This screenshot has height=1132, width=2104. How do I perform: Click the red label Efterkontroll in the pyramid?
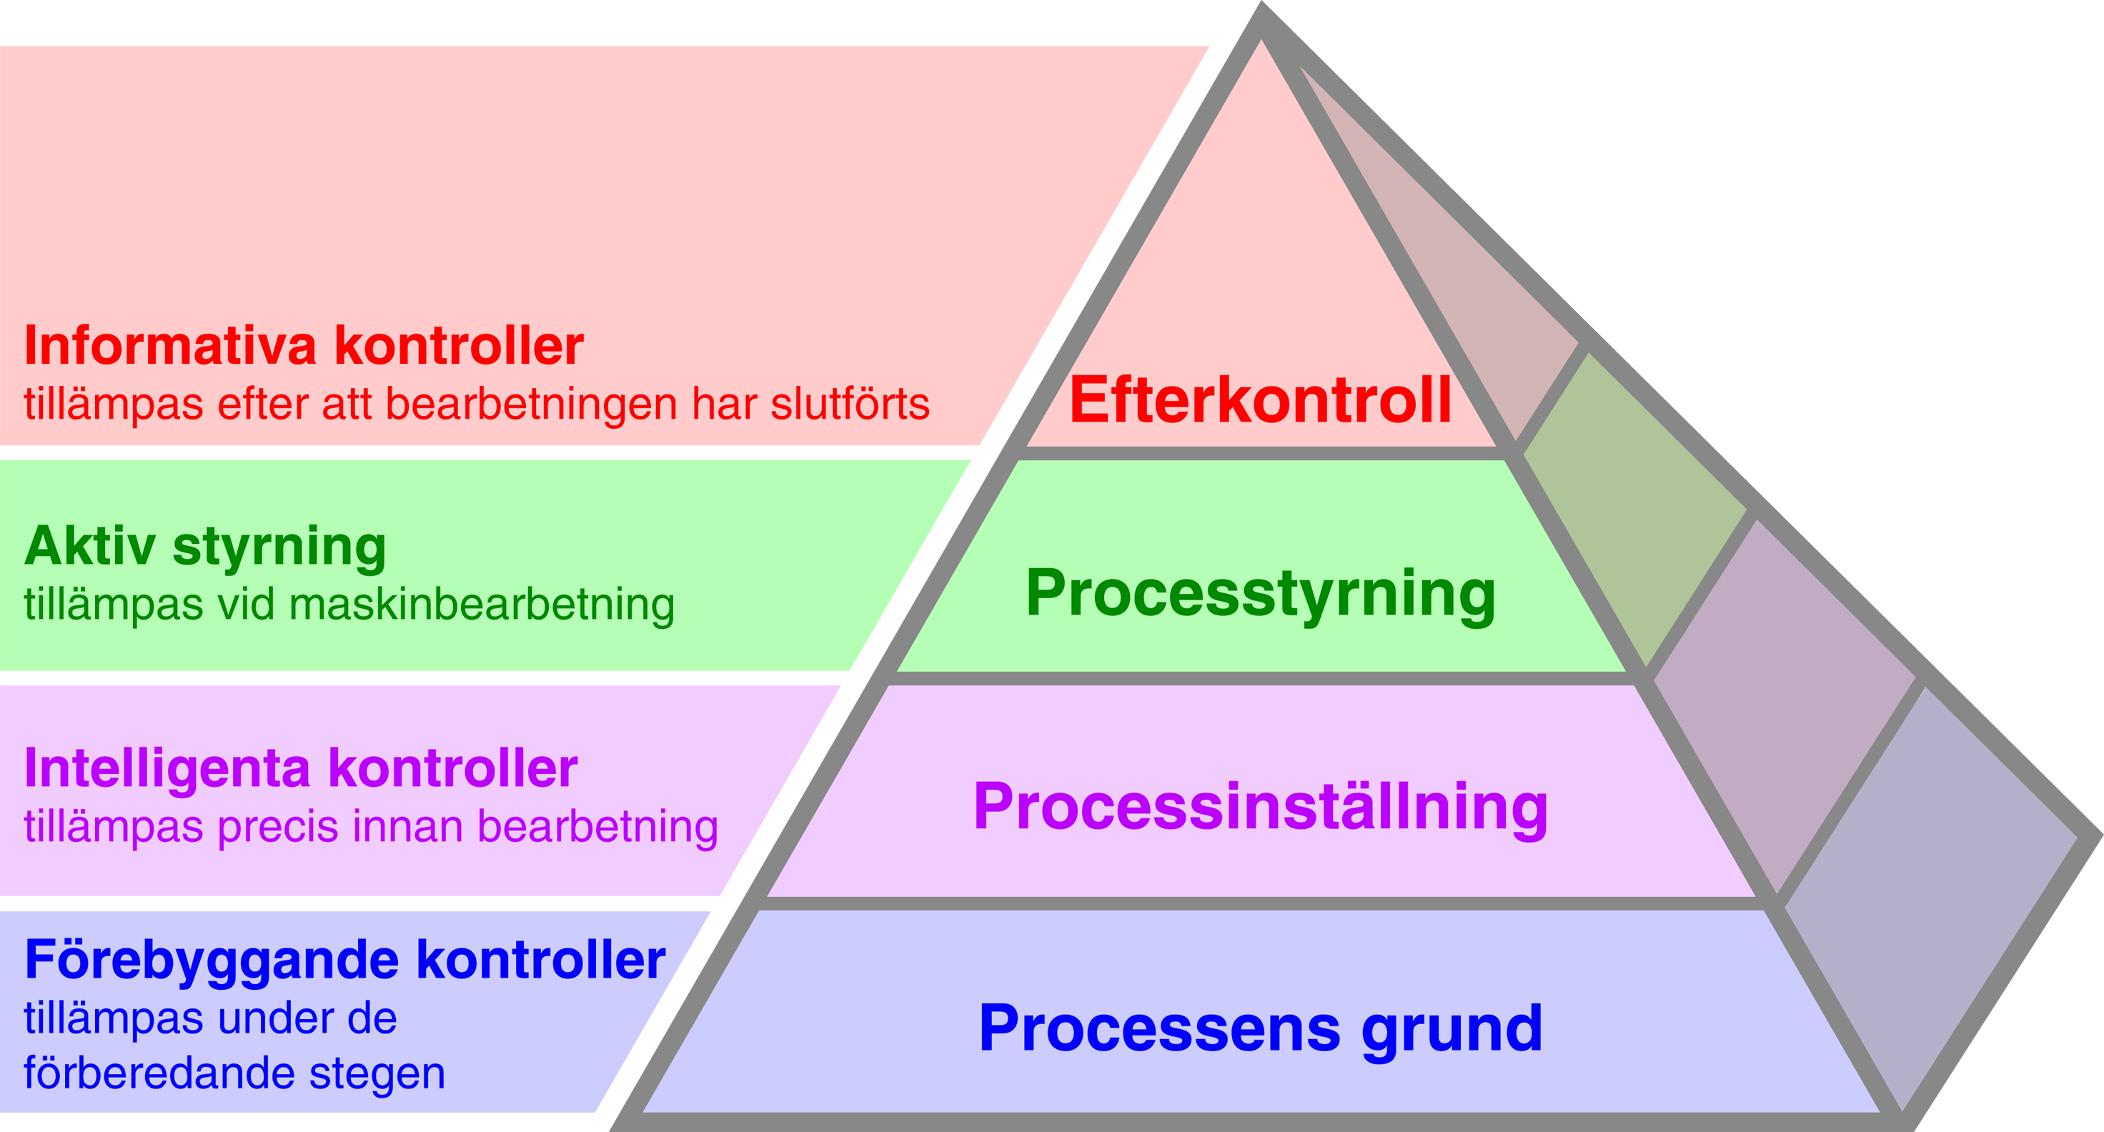[1260, 400]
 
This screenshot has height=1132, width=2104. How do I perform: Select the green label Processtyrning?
[1260, 594]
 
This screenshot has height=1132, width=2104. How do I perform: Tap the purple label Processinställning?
[1260, 807]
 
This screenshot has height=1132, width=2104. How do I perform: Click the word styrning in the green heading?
[279, 547]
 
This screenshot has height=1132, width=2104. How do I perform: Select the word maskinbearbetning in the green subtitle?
[482, 605]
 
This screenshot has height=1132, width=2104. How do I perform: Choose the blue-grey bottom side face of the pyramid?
[1936, 898]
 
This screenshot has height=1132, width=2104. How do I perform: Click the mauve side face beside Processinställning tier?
[1780, 702]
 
